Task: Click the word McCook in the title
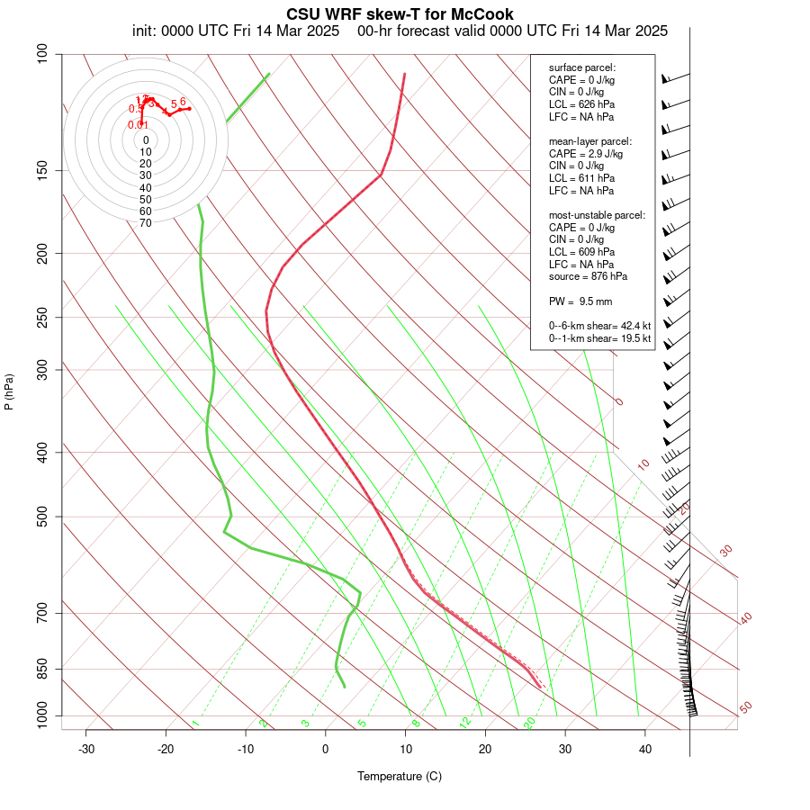click(484, 14)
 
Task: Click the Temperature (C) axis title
click(400, 776)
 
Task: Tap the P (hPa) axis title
click(9, 391)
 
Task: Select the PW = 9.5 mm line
click(580, 301)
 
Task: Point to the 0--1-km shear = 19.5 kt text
click(599, 338)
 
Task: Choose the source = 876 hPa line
click(588, 276)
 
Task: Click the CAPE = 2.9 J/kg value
click(586, 154)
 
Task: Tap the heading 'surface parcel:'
click(582, 67)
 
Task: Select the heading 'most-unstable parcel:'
click(597, 215)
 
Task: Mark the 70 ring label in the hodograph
click(146, 222)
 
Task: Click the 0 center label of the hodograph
click(146, 140)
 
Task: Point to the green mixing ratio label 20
click(529, 723)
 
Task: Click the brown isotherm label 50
click(745, 708)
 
